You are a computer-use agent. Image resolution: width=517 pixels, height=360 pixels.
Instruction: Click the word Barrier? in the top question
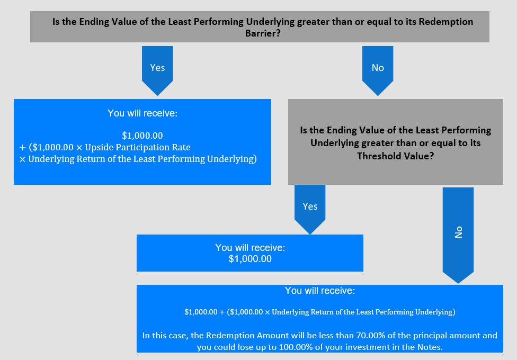[x=263, y=33]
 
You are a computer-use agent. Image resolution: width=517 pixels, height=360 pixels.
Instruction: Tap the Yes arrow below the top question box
[x=157, y=70]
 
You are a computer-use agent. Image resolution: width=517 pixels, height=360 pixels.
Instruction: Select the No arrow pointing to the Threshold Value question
[x=378, y=70]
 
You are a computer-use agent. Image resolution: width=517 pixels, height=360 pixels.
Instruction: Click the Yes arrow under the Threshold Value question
[x=310, y=209]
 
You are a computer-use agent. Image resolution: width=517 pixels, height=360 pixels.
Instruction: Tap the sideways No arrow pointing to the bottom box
[x=458, y=235]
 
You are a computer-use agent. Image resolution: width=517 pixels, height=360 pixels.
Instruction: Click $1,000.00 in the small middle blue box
[x=250, y=259]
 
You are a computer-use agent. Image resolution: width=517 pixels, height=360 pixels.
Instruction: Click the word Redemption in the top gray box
[x=446, y=22]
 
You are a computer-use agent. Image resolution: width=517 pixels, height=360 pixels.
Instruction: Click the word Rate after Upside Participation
[x=182, y=147]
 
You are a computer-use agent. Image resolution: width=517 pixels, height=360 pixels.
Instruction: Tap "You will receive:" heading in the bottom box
[x=320, y=291]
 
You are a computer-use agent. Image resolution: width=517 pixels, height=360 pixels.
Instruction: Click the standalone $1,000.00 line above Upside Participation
[x=142, y=136]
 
